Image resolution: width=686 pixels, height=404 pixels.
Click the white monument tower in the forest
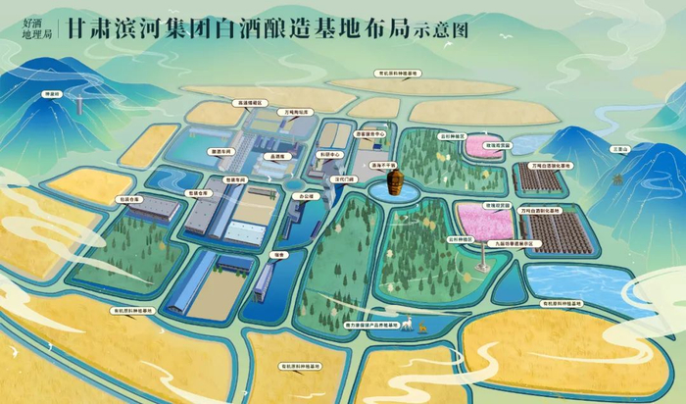tap(483, 257)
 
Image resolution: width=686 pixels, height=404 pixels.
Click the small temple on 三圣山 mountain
tap(617, 179)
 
